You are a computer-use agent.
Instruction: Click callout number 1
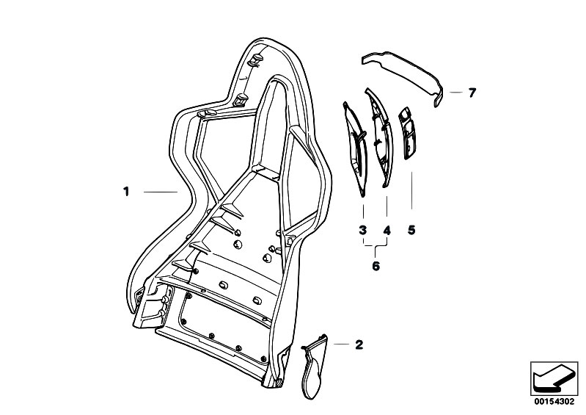(126, 192)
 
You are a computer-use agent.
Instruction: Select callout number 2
(359, 344)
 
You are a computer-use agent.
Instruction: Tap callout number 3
(362, 230)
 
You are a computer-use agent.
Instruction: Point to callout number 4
(387, 230)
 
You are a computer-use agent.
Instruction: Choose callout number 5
(411, 230)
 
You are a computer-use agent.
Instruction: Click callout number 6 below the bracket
(376, 266)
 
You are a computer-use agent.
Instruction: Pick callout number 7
(472, 93)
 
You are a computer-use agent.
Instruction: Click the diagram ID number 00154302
(554, 402)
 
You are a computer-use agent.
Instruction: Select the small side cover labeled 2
(314, 365)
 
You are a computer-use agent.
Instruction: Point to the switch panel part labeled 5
(408, 134)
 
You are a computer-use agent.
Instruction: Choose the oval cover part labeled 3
(356, 150)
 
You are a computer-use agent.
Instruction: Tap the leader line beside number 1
(161, 192)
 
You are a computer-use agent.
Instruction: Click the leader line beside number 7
(456, 92)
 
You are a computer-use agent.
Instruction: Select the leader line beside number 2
(341, 344)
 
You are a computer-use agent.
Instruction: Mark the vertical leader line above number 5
(412, 190)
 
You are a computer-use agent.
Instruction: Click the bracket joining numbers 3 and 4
(376, 245)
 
